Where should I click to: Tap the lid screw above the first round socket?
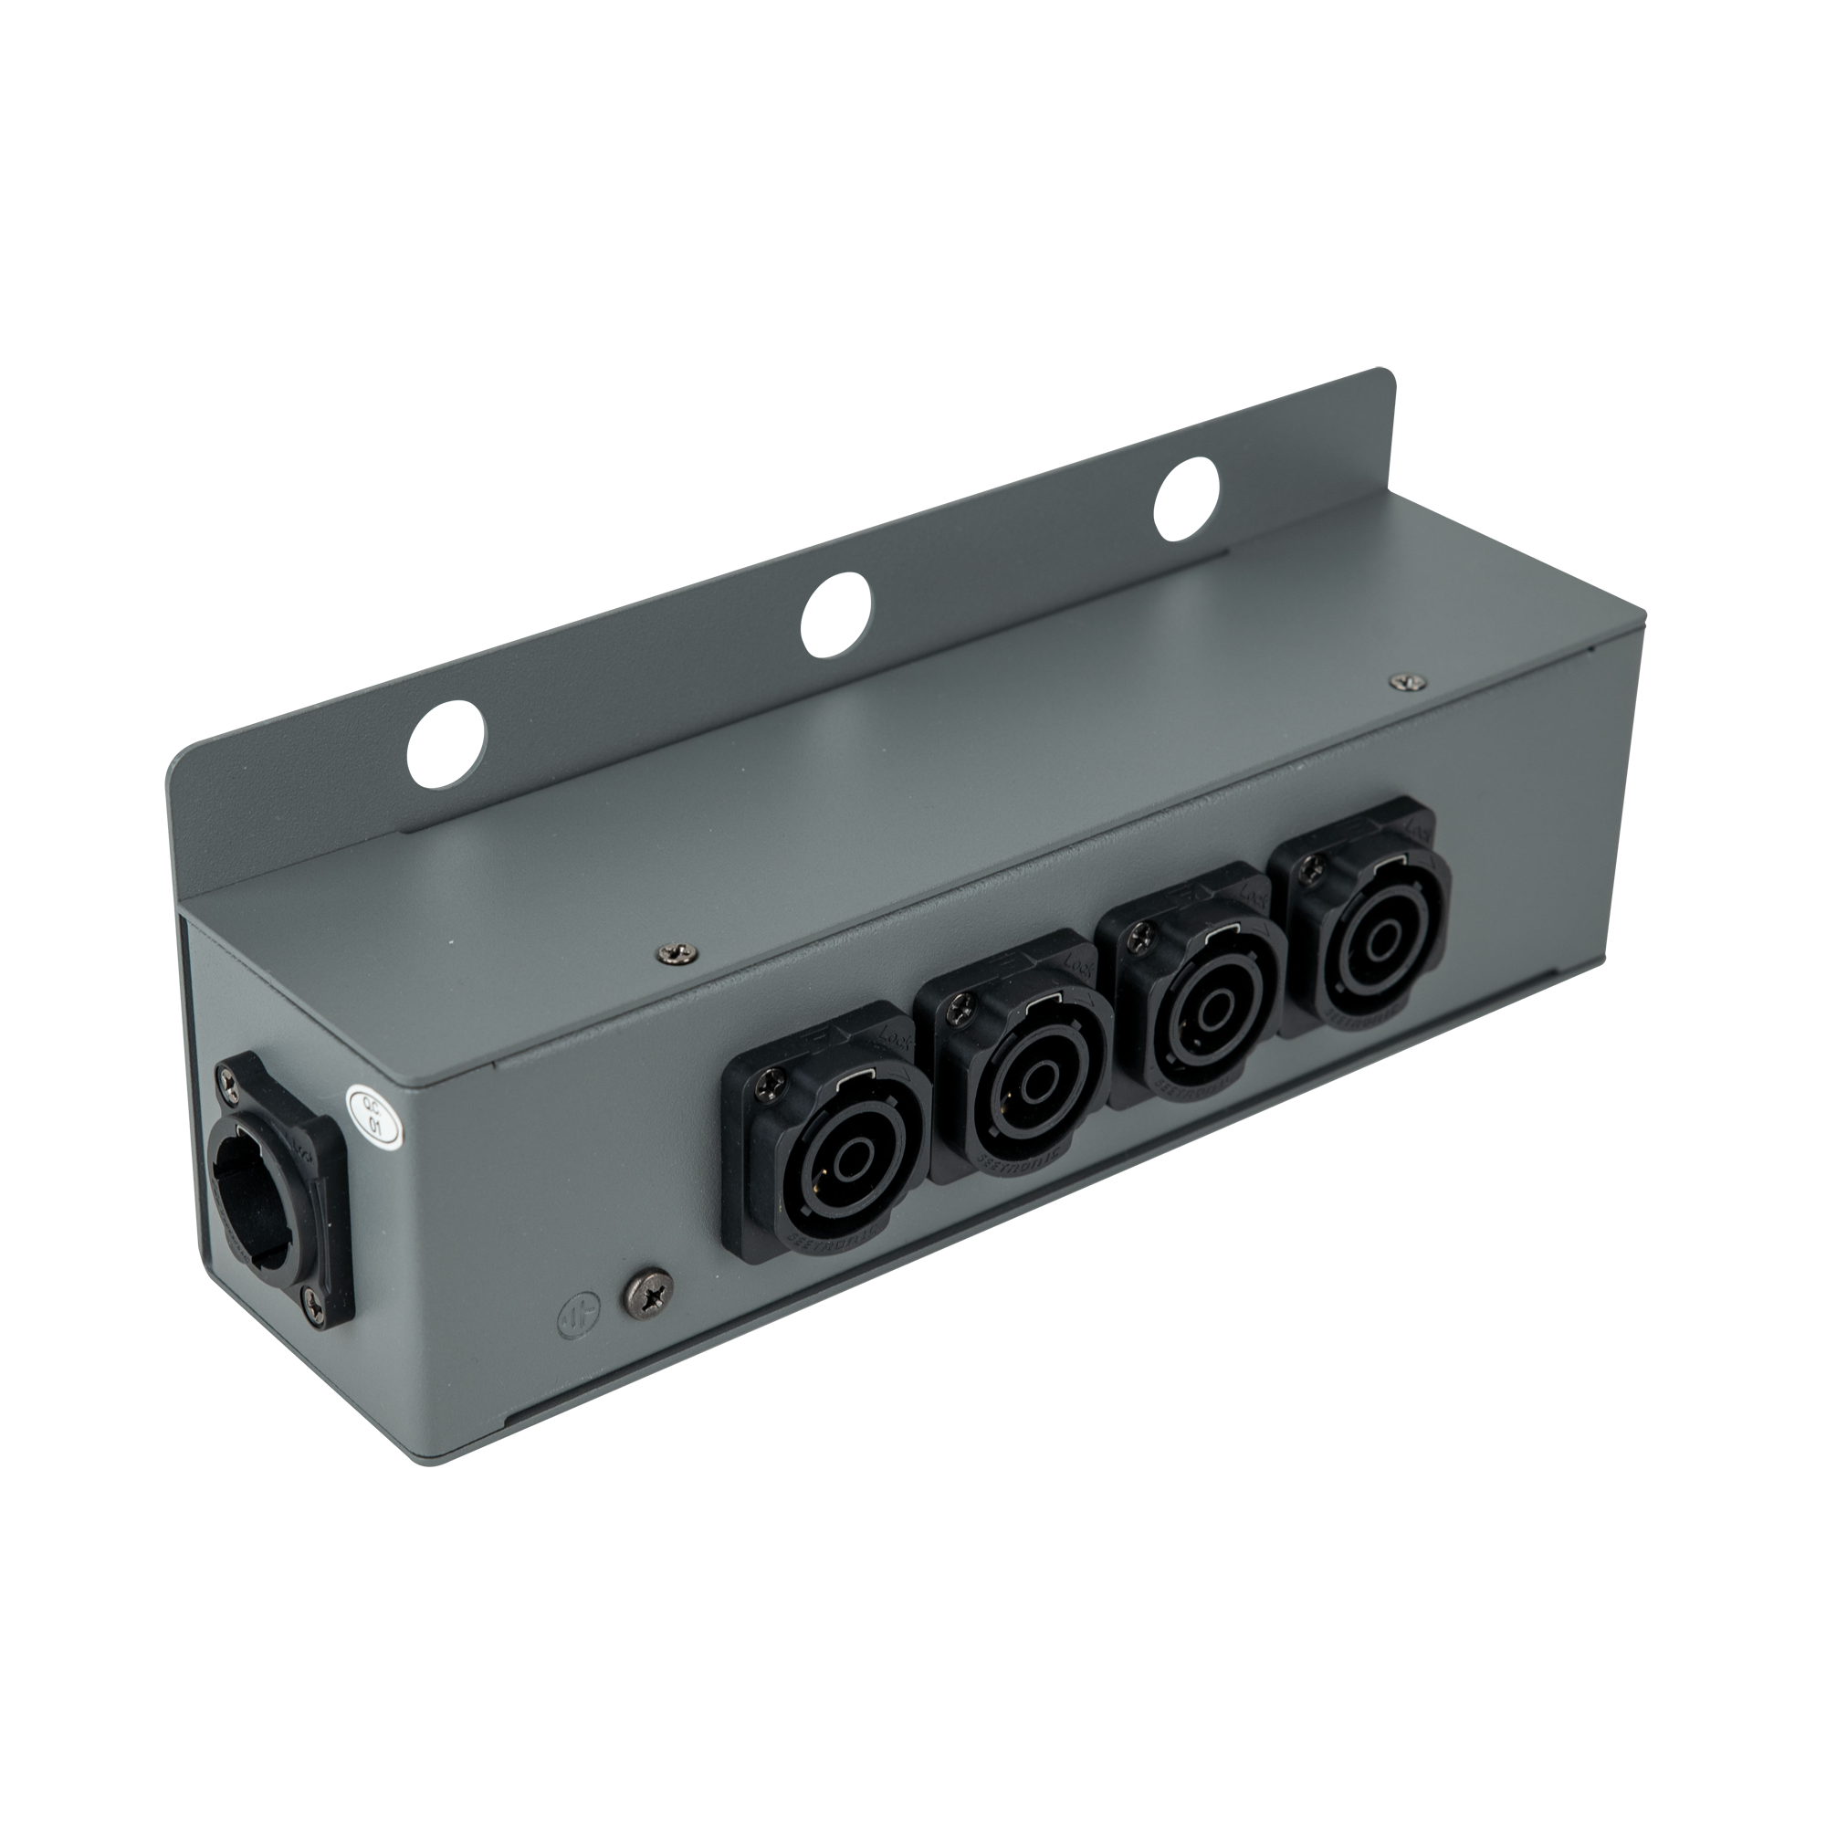tap(677, 955)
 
